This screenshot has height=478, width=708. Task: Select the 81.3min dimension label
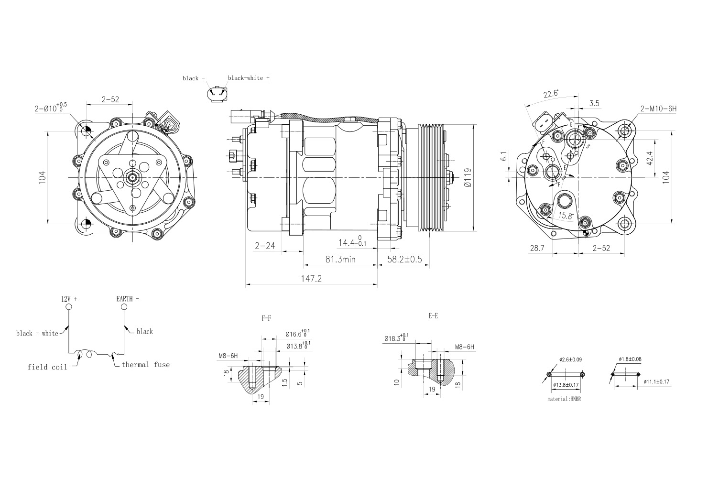(x=341, y=259)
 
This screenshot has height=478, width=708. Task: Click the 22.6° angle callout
(x=551, y=94)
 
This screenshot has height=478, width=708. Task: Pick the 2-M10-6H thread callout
(x=659, y=109)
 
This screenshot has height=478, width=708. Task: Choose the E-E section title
(x=433, y=316)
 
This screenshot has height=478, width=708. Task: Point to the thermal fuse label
(x=145, y=365)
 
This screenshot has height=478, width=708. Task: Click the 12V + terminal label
(x=69, y=298)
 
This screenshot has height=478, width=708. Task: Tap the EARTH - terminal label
(x=128, y=298)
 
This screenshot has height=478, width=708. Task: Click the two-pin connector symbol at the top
(x=218, y=94)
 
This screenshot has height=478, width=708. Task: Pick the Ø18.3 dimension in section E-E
(x=396, y=338)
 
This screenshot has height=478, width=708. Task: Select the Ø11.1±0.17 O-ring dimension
(x=656, y=381)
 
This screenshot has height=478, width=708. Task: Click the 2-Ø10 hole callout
(x=50, y=108)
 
